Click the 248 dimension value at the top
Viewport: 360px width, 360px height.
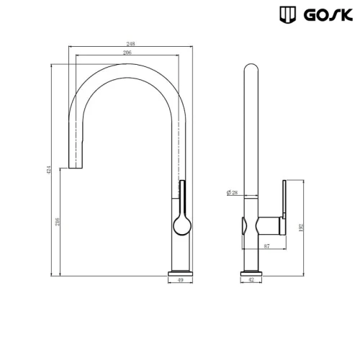point(130,44)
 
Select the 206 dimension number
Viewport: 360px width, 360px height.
point(127,53)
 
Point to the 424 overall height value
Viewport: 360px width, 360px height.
point(48,170)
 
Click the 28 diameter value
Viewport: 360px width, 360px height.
point(235,193)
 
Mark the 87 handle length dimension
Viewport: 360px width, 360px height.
point(267,247)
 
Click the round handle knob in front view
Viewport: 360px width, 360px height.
point(181,226)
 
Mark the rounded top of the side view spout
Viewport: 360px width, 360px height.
point(250,69)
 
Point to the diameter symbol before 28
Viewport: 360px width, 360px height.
point(228,193)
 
